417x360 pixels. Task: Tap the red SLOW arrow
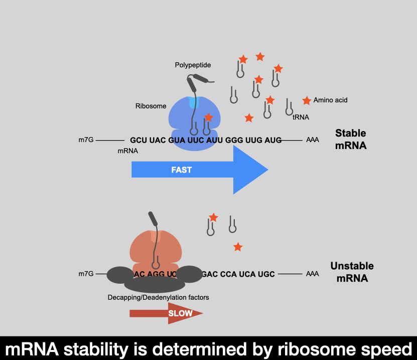coord(166,313)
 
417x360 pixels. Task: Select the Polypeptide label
coord(193,65)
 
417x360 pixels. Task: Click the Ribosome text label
coord(151,106)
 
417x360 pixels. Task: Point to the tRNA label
coord(301,117)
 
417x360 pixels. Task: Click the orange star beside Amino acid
coord(307,100)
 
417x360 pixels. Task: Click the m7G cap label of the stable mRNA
coord(86,140)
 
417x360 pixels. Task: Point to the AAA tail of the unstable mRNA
coord(313,274)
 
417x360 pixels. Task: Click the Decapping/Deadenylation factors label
coord(158,297)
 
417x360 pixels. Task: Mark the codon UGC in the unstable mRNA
coord(266,274)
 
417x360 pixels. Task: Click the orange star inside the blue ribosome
coord(208,117)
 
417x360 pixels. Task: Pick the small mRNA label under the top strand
coord(127,151)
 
